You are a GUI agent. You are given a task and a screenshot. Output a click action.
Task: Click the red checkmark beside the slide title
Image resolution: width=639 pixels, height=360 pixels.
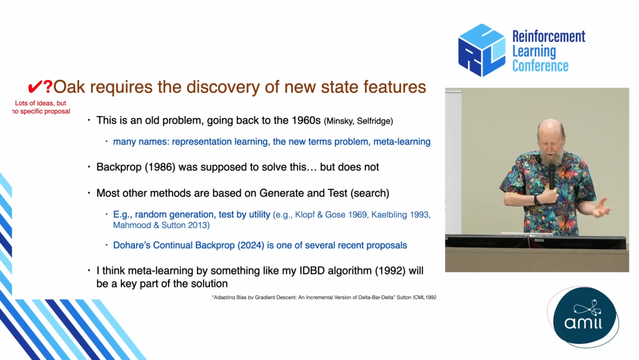point(35,87)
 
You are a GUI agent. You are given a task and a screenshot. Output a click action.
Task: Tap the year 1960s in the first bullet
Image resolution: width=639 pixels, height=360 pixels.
point(306,120)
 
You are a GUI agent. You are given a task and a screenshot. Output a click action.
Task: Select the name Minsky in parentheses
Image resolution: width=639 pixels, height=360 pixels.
point(339,121)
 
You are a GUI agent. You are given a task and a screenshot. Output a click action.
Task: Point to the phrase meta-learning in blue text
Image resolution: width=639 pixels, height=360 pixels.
point(402,142)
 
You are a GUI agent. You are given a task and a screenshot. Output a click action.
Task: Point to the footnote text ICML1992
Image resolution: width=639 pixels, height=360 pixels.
point(424,297)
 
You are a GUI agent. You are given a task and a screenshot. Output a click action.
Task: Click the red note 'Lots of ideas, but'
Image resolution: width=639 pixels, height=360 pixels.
point(40,103)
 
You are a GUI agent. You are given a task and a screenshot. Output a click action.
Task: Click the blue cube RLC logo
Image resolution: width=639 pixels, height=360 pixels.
point(482,50)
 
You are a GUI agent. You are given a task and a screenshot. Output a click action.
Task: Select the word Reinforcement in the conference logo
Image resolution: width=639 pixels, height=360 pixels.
point(548,36)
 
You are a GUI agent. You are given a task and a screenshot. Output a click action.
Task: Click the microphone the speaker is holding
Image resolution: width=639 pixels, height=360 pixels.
point(552,175)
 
